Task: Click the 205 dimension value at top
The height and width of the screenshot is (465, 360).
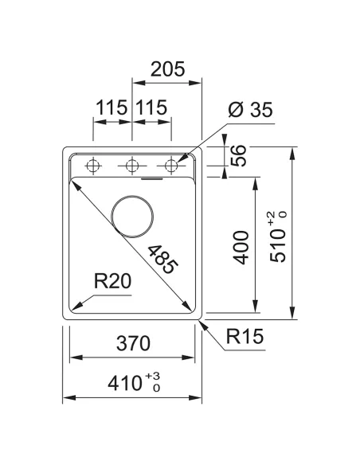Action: coord(168,69)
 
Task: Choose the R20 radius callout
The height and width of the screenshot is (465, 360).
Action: coord(112,281)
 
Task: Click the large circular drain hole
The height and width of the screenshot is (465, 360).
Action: coord(132,215)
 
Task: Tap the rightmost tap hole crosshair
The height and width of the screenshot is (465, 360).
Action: coord(169,166)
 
